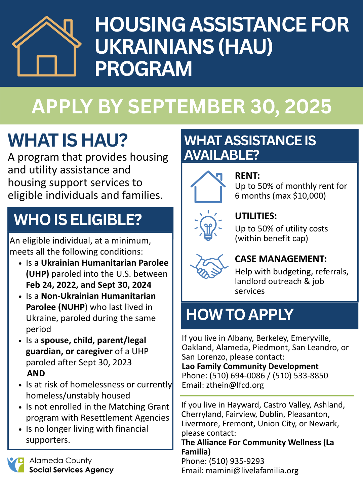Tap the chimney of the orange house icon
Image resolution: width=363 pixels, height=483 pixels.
[x=68, y=27]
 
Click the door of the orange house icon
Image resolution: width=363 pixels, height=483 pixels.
[x=46, y=65]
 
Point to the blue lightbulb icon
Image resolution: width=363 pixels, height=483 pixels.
[x=208, y=225]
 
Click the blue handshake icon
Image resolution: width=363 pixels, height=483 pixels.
[x=209, y=266]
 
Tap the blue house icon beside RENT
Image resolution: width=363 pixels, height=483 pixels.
[x=208, y=186]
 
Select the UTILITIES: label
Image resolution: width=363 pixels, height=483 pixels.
[x=256, y=216]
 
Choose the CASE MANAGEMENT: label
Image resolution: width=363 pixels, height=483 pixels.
[x=281, y=259]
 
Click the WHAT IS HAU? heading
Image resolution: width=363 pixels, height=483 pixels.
[x=68, y=140]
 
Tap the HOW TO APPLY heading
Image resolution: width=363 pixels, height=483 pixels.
[x=240, y=314]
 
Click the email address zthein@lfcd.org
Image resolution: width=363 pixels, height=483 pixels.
[x=235, y=385]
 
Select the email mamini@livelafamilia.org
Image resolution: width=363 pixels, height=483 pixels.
[x=252, y=471]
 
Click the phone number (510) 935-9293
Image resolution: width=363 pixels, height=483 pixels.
[x=237, y=461]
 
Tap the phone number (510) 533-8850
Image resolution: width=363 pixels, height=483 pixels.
[x=300, y=375]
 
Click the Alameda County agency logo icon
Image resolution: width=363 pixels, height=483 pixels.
[x=16, y=465]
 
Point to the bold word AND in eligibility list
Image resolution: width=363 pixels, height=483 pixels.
[x=36, y=373]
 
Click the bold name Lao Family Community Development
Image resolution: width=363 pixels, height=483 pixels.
[x=250, y=366]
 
